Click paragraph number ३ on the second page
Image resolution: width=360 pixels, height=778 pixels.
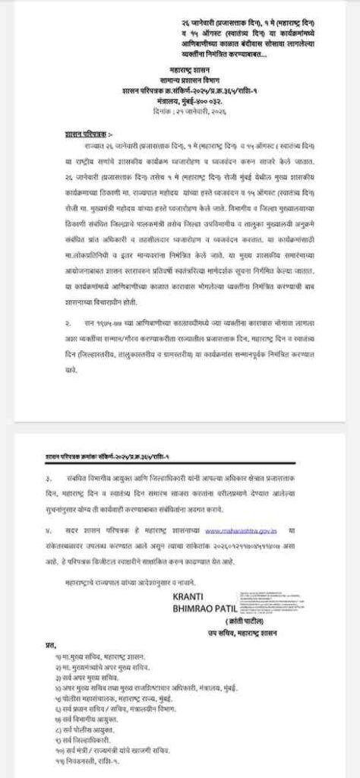pos(49,479)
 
